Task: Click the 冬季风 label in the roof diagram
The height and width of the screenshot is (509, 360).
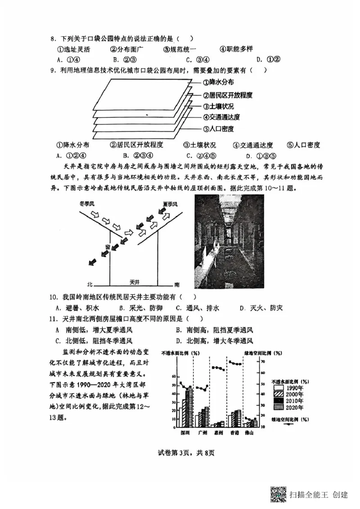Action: click(x=87, y=203)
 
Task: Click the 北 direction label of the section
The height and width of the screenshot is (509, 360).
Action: click(x=90, y=285)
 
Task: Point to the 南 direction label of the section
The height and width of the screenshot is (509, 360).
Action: click(x=177, y=285)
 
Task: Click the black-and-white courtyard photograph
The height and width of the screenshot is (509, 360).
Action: click(x=229, y=241)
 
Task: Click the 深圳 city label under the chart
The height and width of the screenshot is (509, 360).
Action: click(x=185, y=433)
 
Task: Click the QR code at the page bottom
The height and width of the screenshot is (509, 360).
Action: click(x=278, y=494)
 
